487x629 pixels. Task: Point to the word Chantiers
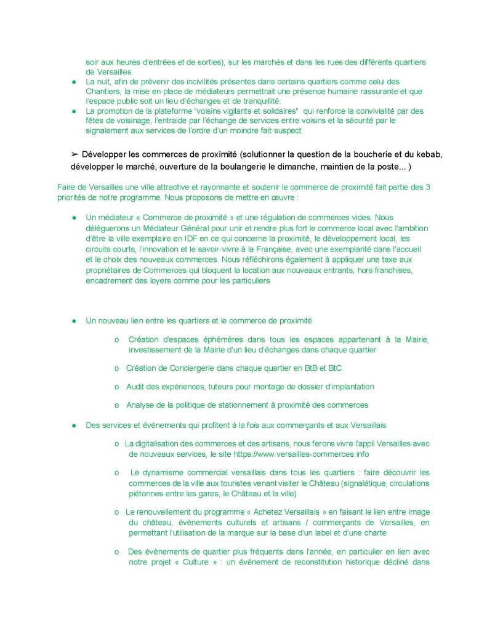[104, 91]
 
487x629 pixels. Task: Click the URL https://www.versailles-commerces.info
[300, 454]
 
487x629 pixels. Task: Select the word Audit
[136, 386]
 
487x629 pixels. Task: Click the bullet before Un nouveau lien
[73, 321]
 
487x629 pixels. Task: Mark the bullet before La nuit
[73, 82]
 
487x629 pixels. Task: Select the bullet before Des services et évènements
[73, 425]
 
